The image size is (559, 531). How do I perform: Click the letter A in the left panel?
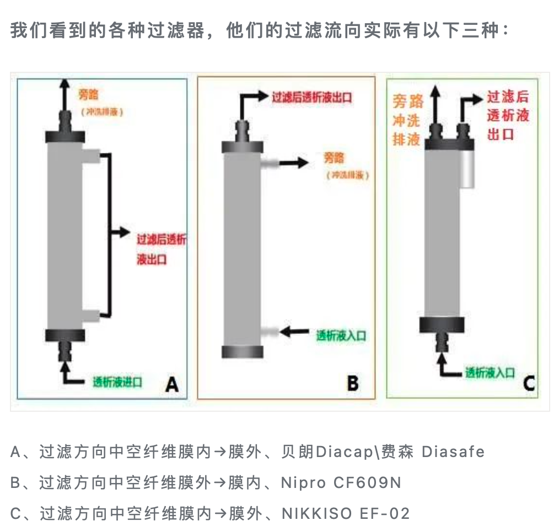[x=172, y=383]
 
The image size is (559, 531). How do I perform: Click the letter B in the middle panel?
[x=353, y=383]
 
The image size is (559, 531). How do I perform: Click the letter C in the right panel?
[x=529, y=383]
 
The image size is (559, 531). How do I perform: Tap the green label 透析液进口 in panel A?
[x=118, y=382]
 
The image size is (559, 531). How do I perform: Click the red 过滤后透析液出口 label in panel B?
[x=311, y=98]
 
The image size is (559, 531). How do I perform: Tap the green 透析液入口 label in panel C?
[x=490, y=373]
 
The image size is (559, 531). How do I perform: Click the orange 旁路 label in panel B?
[x=334, y=158]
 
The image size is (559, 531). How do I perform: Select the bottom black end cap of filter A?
[x=66, y=334]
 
